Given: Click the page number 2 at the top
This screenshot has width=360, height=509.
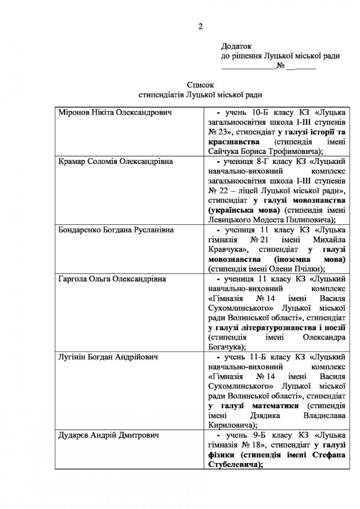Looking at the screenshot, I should [x=201, y=27].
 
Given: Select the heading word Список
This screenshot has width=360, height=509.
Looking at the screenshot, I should [x=200, y=86].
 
